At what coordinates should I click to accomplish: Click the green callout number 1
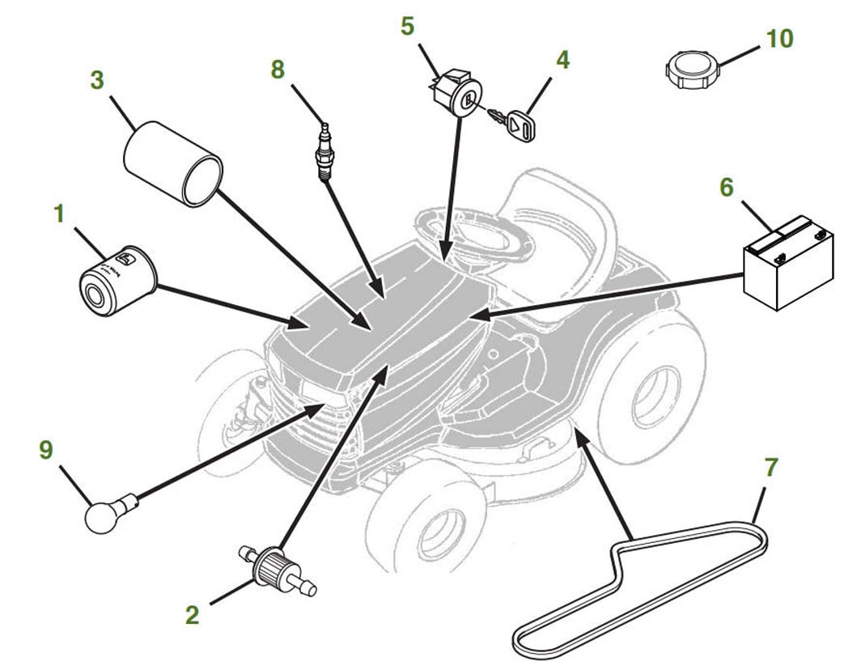tap(60, 213)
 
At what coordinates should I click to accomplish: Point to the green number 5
tap(407, 26)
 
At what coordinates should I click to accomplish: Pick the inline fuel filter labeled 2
tap(278, 567)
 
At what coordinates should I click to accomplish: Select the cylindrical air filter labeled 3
tap(173, 164)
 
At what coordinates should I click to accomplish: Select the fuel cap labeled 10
tap(693, 70)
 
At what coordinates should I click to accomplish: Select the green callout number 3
tap(97, 80)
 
